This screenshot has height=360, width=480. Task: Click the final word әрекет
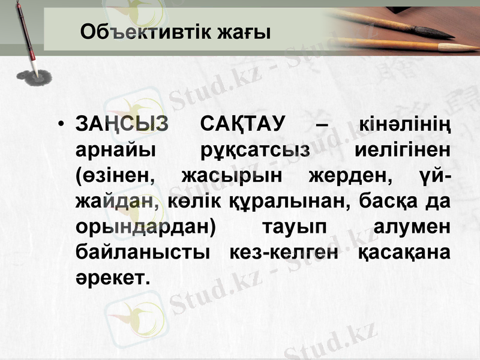click(x=112, y=278)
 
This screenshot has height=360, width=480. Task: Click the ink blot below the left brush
click(x=32, y=76)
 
